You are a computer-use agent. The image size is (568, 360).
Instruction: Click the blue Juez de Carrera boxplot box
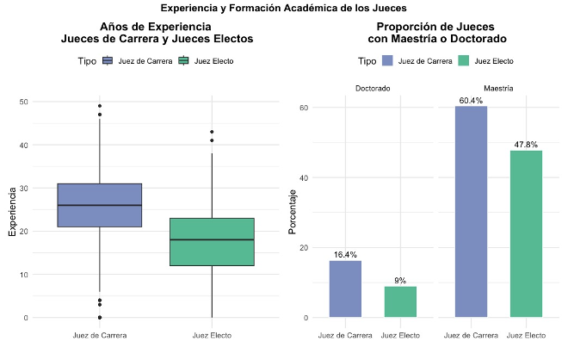pos(100,205)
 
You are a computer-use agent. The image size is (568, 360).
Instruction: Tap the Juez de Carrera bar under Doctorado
pos(345,289)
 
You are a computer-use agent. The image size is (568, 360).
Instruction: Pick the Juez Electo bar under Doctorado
pos(400,301)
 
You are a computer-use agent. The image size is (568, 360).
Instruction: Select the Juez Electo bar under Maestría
pos(526,233)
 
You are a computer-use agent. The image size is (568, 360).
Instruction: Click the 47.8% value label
pos(526,145)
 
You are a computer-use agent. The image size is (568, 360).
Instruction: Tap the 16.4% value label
pos(345,255)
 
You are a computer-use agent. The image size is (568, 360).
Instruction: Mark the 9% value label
pos(400,281)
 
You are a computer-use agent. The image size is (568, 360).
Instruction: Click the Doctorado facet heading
pos(372,88)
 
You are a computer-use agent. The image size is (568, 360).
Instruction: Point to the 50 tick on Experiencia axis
pos(23,102)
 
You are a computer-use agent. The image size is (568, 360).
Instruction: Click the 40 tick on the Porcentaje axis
pos(304,177)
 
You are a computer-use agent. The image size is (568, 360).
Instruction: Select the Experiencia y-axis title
pos(11,209)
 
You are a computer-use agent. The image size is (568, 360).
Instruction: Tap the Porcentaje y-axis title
pos(292,209)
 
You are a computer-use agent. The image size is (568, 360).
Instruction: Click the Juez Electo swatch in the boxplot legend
pos(182,61)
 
